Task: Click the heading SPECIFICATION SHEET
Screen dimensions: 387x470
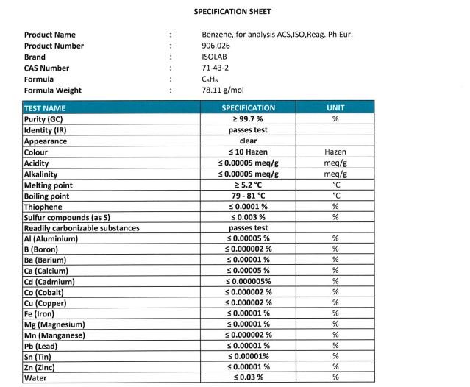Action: point(232,12)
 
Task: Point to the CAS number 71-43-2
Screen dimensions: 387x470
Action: point(213,68)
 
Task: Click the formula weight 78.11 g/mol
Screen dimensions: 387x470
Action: point(222,91)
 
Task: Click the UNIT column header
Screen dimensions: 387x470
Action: point(335,108)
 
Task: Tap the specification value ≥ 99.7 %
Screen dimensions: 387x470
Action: point(248,119)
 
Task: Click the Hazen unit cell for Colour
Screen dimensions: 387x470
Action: point(335,152)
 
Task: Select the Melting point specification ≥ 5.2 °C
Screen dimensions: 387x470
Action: point(248,185)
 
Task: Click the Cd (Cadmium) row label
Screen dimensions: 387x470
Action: point(54,281)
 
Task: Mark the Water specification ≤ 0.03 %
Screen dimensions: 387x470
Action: point(248,377)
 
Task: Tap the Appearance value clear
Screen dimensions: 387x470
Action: point(248,141)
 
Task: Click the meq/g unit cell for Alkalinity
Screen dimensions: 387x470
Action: point(335,174)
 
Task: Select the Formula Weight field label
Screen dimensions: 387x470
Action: point(53,91)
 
